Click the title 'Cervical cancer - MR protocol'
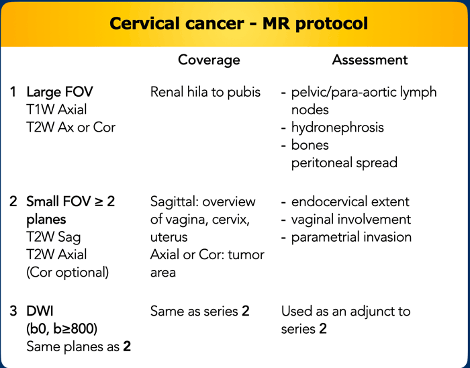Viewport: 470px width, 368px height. [238, 24]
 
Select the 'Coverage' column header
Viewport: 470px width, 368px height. [209, 60]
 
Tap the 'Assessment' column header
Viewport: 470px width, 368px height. [370, 60]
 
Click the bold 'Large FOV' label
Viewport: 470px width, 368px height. [60, 92]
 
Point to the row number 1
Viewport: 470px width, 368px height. [13, 92]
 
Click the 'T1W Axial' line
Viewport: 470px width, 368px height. [56, 109]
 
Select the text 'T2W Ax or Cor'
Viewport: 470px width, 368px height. [70, 128]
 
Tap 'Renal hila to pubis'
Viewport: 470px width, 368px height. [205, 92]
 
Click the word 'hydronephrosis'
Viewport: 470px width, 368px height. [338, 128]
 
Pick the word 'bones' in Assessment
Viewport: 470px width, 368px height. [310, 145]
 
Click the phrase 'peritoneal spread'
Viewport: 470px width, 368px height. [344, 163]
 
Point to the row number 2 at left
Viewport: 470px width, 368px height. [13, 201]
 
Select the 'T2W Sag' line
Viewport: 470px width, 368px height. [54, 237]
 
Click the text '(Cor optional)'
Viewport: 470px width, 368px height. [68, 273]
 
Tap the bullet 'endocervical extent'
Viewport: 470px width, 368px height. [350, 201]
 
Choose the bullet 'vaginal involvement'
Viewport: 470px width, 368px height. [351, 219]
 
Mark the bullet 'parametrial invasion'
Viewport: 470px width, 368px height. [351, 237]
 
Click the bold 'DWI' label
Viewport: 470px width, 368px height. [40, 311]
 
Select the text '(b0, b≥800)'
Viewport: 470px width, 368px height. [62, 329]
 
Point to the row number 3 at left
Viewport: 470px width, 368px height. [13, 311]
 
